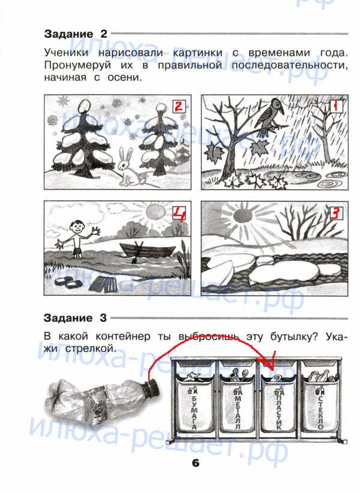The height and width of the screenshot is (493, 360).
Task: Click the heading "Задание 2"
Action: click(x=76, y=34)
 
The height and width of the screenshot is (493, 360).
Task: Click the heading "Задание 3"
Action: click(x=76, y=318)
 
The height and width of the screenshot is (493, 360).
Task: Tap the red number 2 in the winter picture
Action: click(x=179, y=106)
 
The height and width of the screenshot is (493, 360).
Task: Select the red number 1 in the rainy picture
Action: click(x=335, y=106)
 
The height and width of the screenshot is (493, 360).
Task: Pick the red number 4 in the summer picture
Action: click(x=179, y=214)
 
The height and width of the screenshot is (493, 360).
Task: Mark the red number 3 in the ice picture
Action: click(x=335, y=214)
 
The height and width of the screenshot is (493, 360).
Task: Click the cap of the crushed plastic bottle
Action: click(x=152, y=390)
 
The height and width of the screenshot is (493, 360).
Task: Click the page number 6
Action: click(x=195, y=463)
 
